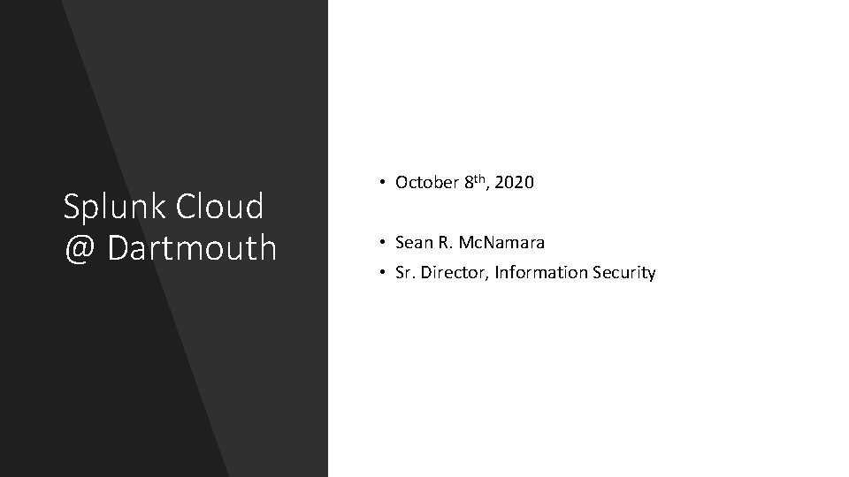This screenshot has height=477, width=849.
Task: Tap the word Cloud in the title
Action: [x=220, y=208]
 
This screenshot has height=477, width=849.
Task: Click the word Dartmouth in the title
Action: [x=192, y=248]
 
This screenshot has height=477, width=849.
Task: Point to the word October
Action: [x=426, y=183]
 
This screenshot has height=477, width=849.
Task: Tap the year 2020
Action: [x=516, y=183]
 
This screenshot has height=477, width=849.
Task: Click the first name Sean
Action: [x=412, y=241]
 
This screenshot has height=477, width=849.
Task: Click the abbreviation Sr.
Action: [x=404, y=272]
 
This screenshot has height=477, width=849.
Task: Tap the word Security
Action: [x=624, y=272]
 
